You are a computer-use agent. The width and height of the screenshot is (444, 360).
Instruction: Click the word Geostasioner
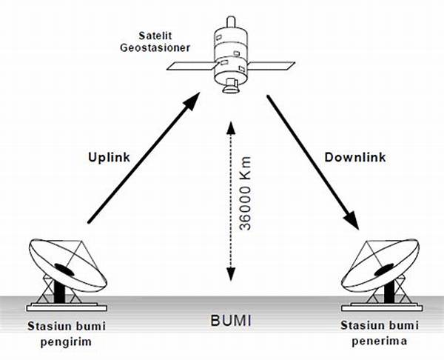(x=152, y=48)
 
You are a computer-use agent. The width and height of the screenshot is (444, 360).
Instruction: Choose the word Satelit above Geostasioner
(x=154, y=36)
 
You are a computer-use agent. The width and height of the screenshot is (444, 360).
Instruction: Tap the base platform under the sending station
(x=66, y=305)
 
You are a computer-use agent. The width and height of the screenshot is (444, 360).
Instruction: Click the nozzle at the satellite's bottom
(x=231, y=90)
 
